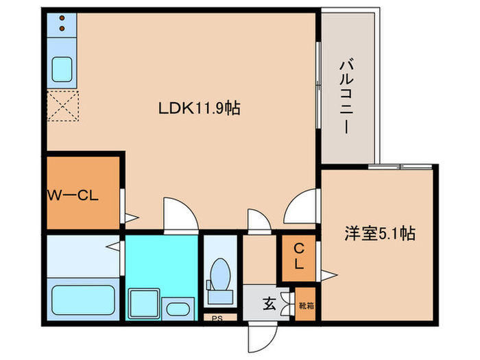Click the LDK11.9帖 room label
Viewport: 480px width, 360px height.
[200, 108]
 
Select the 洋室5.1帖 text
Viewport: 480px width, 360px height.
[379, 233]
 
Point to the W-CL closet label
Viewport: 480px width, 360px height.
[73, 195]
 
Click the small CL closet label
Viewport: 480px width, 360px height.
[300, 256]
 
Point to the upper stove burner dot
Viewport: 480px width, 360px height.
[63, 19]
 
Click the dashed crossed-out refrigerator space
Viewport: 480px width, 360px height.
[63, 106]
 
